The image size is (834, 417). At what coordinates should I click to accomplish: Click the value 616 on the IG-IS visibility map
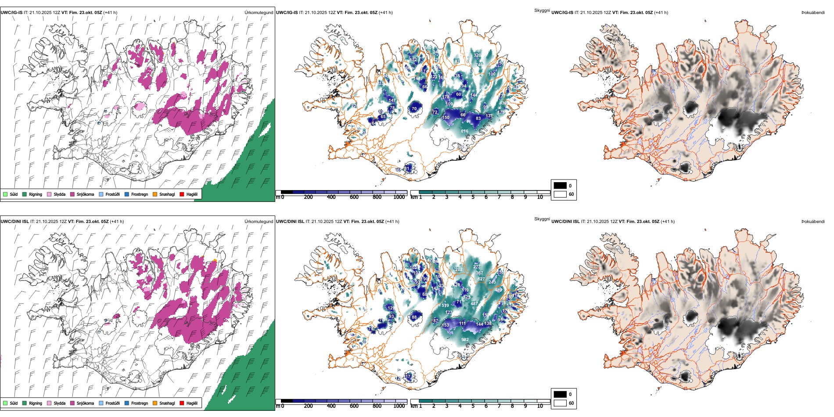(464, 131)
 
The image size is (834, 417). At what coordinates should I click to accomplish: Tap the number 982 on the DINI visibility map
(465, 340)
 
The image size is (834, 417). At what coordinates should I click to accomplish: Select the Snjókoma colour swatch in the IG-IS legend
(72, 194)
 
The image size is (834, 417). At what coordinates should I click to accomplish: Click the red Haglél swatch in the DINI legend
(182, 403)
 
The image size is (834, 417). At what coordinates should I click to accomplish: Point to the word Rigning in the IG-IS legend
(36, 194)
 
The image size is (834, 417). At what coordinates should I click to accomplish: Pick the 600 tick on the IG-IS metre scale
(354, 197)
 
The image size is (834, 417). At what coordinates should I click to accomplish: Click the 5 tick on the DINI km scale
(473, 406)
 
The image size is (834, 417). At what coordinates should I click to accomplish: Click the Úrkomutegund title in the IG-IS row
(259, 13)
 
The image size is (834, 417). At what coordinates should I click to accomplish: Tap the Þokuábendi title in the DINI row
(813, 222)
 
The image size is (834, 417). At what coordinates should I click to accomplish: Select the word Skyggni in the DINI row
(542, 219)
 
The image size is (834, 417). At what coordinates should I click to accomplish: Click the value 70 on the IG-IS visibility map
(414, 109)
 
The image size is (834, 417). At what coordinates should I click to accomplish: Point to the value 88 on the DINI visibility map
(414, 317)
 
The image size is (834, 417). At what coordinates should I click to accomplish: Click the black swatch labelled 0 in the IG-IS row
(560, 186)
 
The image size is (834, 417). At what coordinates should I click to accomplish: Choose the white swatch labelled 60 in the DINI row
(560, 403)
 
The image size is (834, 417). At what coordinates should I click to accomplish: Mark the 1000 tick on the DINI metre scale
(399, 406)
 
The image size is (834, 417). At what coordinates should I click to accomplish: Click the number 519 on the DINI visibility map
(445, 306)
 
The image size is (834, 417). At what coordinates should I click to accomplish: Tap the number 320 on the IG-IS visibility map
(478, 55)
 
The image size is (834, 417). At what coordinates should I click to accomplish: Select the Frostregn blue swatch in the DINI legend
(126, 403)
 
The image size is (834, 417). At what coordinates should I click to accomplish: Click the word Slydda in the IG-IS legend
(59, 194)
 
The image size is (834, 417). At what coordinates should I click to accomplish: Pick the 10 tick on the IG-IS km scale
(540, 197)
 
